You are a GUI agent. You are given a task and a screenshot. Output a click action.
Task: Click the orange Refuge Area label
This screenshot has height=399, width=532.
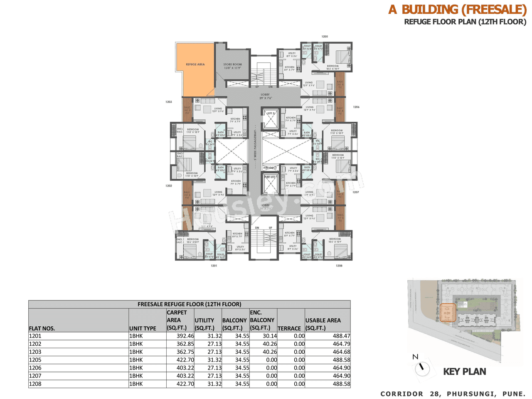[x=195, y=64]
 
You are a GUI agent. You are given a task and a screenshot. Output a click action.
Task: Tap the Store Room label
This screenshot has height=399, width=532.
[x=232, y=66]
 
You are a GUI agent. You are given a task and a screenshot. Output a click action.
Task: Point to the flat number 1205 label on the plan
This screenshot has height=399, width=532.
[x=325, y=37]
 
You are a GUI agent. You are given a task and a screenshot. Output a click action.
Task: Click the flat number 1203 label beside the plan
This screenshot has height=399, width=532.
[x=169, y=102]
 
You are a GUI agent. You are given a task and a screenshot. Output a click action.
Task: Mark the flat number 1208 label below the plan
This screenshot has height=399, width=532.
[x=339, y=266]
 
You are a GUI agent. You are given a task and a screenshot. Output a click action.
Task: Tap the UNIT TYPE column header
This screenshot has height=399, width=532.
[x=143, y=328]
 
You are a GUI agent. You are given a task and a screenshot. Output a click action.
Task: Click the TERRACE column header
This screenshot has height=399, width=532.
[x=289, y=328]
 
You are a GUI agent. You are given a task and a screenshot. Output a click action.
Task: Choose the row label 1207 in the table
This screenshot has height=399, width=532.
[x=35, y=376]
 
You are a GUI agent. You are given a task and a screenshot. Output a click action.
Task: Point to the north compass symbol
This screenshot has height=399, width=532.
[x=422, y=368]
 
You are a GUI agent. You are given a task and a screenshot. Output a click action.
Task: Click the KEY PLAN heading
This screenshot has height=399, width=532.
[x=464, y=372]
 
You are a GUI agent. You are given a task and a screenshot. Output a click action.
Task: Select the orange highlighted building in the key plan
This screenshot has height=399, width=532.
[x=448, y=313]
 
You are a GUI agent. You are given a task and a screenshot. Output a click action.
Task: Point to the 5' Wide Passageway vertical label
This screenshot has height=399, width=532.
[x=255, y=148]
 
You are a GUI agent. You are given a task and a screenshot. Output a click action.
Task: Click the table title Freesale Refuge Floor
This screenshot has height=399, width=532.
[x=189, y=304]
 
